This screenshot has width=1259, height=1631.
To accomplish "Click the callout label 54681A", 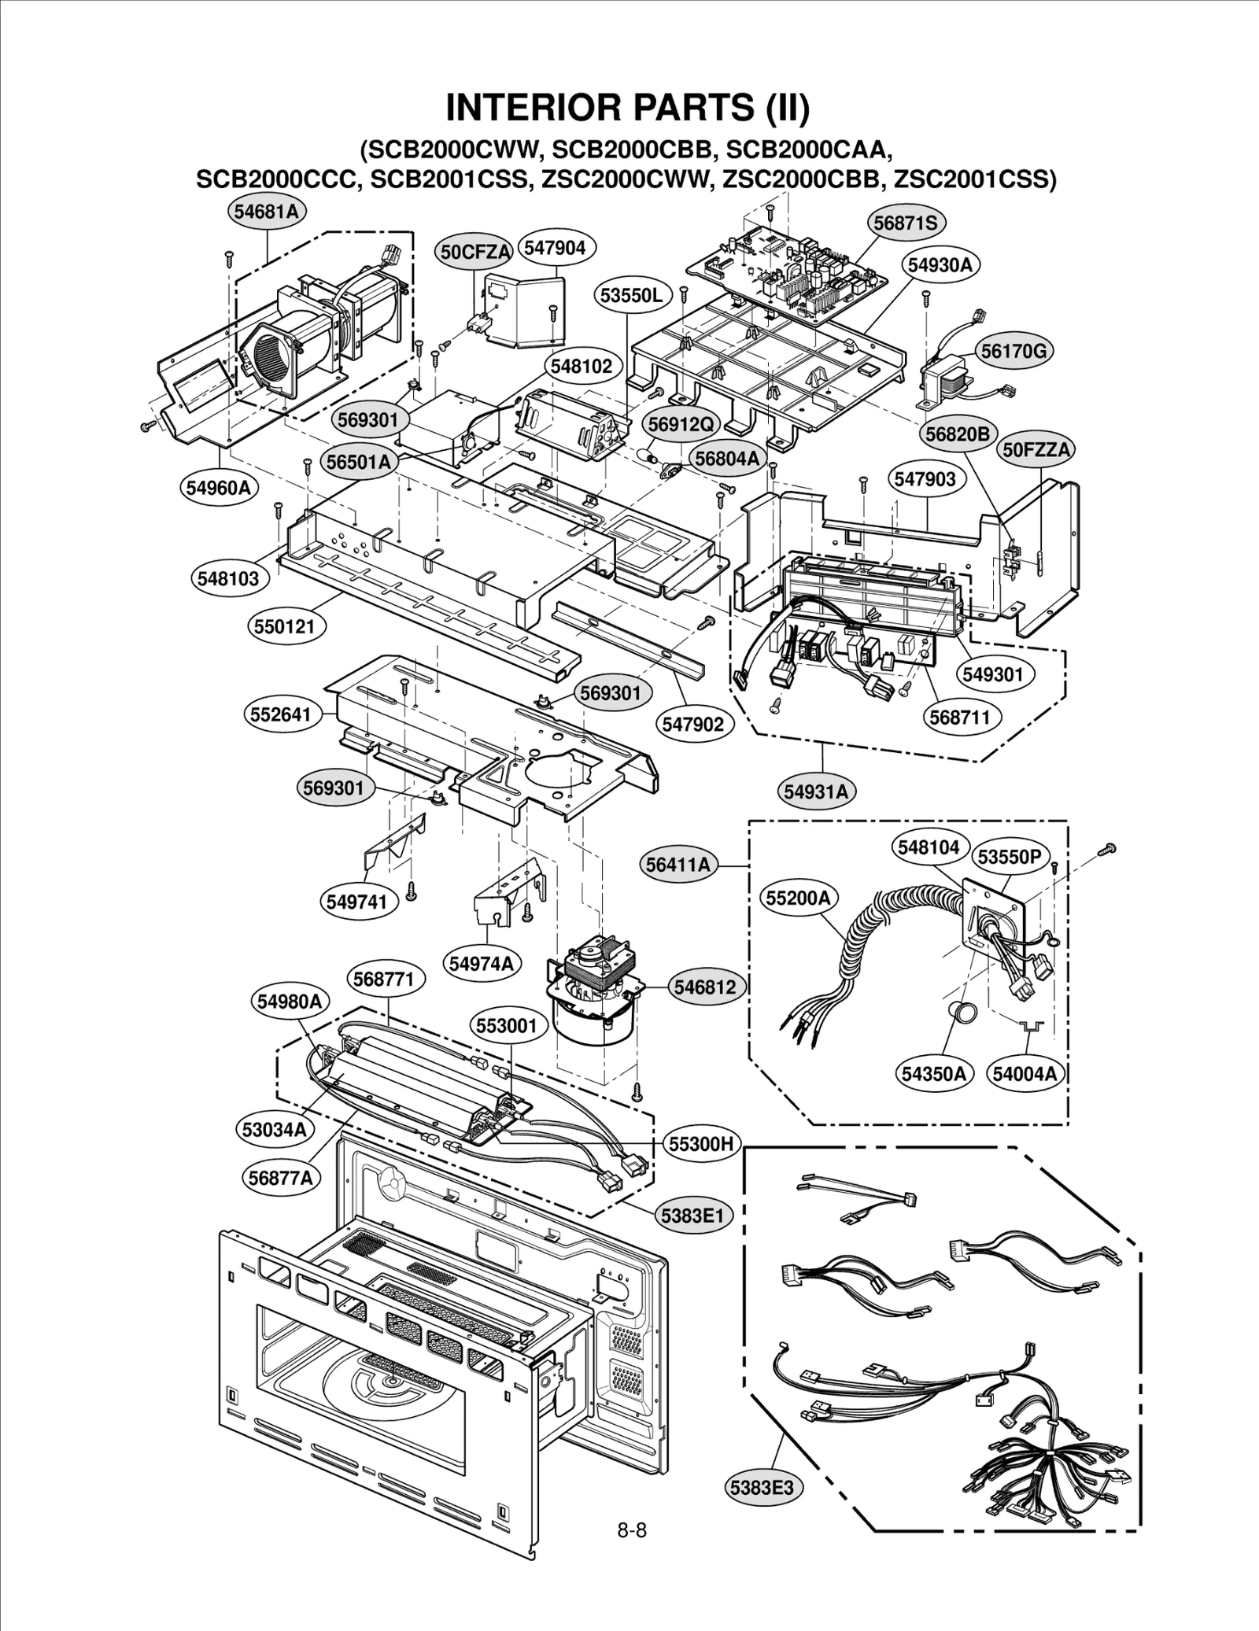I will [268, 211].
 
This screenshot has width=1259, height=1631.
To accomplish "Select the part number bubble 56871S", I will [906, 223].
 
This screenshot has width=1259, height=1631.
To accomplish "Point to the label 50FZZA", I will [1037, 450].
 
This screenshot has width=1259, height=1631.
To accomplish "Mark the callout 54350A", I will [933, 1073].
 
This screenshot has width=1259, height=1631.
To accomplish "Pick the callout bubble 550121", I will [284, 626].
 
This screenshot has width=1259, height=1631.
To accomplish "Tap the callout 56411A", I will [678, 865].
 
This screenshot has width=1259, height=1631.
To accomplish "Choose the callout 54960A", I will [218, 488].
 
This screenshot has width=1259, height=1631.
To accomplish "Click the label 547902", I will [692, 724].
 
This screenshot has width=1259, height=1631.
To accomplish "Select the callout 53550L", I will [631, 296].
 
